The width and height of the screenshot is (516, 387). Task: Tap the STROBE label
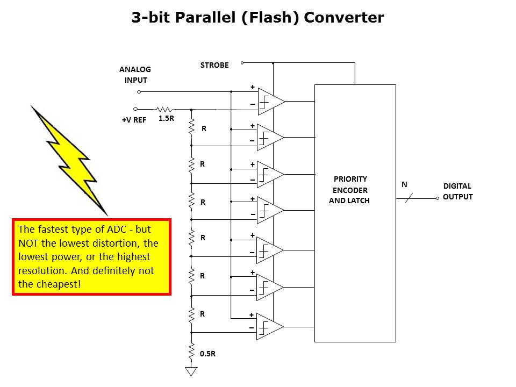click(214, 65)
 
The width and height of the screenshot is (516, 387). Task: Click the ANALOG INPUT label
click(135, 75)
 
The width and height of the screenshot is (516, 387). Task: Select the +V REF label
click(134, 120)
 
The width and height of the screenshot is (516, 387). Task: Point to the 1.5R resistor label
click(166, 119)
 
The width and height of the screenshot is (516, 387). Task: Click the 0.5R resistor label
click(208, 354)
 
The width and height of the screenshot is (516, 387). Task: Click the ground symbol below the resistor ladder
click(191, 371)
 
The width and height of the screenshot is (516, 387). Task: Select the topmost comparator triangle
click(270, 102)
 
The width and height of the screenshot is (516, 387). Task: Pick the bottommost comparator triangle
click(269, 327)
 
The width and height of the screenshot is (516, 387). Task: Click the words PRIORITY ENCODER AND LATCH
click(350, 190)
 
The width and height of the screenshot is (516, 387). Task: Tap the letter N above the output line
click(404, 184)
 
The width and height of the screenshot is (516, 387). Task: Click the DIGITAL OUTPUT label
click(457, 191)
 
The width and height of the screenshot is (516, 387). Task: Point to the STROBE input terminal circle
click(242, 62)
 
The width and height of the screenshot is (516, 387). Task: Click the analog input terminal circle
click(139, 91)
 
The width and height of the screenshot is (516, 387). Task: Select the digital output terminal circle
click(438, 198)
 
